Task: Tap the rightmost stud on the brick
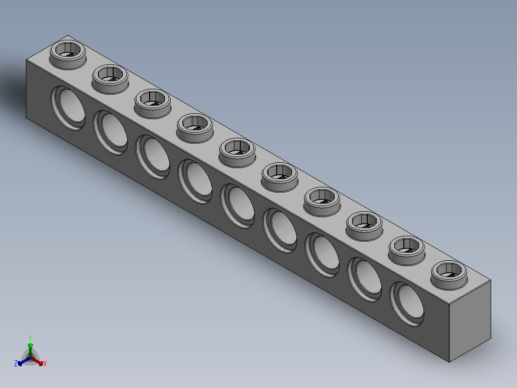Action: (x=449, y=272)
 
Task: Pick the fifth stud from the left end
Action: (x=237, y=150)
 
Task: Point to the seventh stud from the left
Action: (x=322, y=199)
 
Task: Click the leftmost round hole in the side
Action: (x=69, y=107)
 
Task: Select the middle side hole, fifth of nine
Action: (x=238, y=206)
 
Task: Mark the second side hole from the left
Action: (x=111, y=132)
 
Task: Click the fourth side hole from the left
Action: (x=196, y=181)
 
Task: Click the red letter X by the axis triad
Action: (x=45, y=364)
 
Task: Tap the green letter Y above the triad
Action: (x=30, y=338)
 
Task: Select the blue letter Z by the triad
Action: (x=16, y=364)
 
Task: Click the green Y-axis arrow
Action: (x=30, y=348)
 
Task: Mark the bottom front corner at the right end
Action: (x=449, y=362)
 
